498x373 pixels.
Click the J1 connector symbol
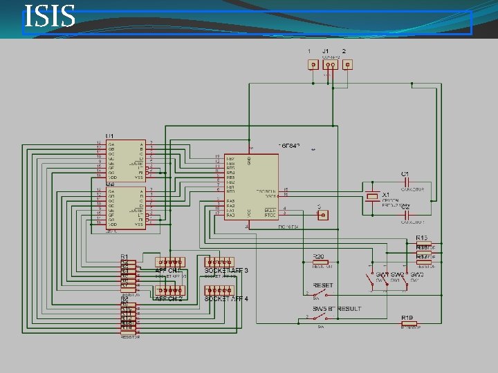click(330, 65)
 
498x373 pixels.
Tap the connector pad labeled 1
click(313, 65)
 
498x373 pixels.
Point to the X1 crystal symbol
click(373, 197)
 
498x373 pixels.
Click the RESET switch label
click(323, 285)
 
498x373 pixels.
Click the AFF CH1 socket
click(170, 262)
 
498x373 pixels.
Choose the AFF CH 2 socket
click(170, 291)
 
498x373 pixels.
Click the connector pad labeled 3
click(322, 215)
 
